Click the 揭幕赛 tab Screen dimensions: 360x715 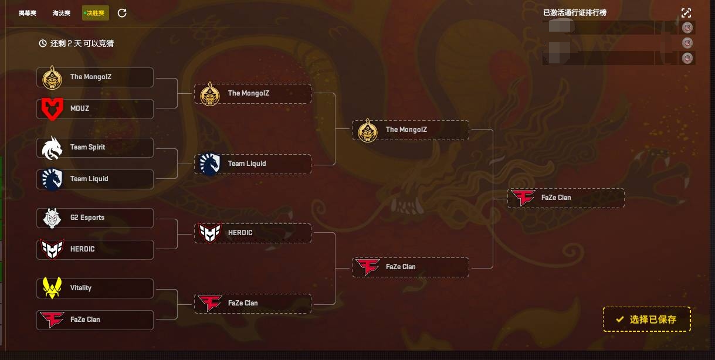click(27, 13)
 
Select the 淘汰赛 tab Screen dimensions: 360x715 click(61, 13)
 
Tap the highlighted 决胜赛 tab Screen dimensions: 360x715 click(95, 13)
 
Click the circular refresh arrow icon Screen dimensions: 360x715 click(122, 13)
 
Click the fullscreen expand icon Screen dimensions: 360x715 click(686, 13)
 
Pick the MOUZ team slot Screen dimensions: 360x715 click(95, 109)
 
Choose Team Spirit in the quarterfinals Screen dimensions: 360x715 click(95, 148)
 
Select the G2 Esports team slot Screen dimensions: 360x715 click(95, 218)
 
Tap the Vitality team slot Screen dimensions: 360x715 click(95, 288)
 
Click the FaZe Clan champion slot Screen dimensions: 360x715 click(565, 198)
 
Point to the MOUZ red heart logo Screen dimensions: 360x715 click(52, 109)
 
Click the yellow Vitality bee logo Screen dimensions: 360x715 click(52, 288)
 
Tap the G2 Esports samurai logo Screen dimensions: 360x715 click(52, 218)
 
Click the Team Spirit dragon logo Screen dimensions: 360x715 click(52, 148)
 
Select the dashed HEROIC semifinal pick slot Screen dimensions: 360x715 click(252, 233)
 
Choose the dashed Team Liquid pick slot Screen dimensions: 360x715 click(252, 164)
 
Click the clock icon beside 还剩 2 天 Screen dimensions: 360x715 click(43, 43)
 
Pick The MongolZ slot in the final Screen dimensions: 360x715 click(410, 130)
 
